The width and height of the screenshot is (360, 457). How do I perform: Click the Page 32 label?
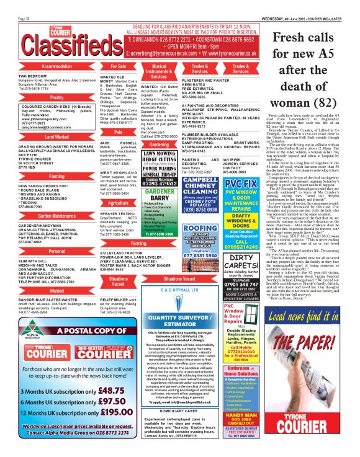tap(24, 3)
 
